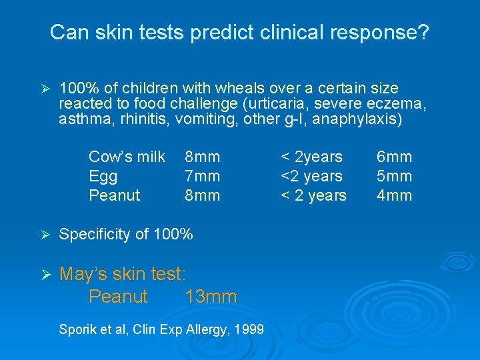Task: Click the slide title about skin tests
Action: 239,31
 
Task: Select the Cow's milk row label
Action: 127,157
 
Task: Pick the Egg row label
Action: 103,176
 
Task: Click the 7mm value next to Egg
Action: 202,176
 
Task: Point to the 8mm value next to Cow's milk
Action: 202,157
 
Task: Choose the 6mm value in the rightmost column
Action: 394,157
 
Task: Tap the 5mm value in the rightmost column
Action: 394,176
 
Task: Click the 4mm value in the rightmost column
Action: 394,195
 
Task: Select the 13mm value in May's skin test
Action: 211,297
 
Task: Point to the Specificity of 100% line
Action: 126,234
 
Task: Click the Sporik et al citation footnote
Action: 161,329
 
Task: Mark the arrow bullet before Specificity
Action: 45,235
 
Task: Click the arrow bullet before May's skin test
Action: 45,275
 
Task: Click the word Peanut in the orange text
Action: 118,297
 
